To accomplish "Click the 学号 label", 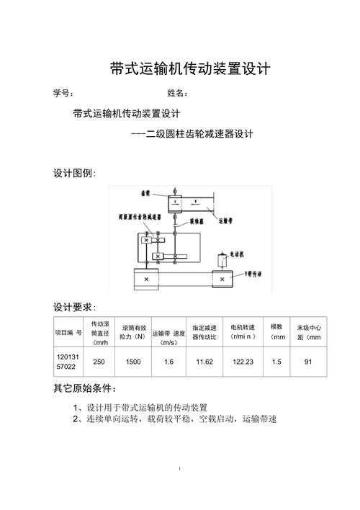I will coord(63,94).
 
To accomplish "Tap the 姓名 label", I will coord(177,94).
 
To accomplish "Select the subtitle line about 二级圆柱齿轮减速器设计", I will coord(193,134).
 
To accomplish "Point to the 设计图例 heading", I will coord(74,174).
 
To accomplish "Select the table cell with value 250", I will coord(99,362).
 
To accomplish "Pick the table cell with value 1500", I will coord(133,362).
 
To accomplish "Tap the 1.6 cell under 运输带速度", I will coord(169,362).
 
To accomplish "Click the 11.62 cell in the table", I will coord(204,362).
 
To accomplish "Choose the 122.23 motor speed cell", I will coord(243,362).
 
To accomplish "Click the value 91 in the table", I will coord(308,362).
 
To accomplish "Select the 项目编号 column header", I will coord(69,332).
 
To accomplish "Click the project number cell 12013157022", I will coord(69,362).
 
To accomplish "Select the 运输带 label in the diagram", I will coord(230,223).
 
